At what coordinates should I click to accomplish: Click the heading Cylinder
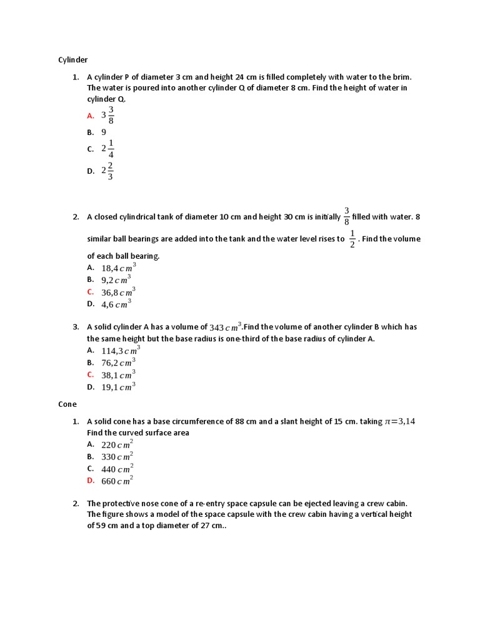tap(73, 60)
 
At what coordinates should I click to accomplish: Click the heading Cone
tap(67, 404)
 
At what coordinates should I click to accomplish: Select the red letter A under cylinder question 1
tap(91, 116)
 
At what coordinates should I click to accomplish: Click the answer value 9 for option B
tap(104, 132)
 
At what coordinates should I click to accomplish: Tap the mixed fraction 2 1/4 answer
tap(107, 149)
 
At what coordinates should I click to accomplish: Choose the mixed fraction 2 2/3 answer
tap(107, 171)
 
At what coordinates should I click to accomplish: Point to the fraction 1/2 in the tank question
tap(352, 238)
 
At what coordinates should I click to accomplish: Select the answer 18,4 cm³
tap(118, 267)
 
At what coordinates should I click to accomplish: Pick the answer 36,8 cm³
tap(118, 292)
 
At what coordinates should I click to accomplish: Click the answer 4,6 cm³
tap(116, 304)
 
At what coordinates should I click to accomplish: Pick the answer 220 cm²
tap(117, 445)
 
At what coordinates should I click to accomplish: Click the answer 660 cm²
tap(117, 481)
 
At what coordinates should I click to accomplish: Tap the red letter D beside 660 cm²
tap(91, 481)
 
